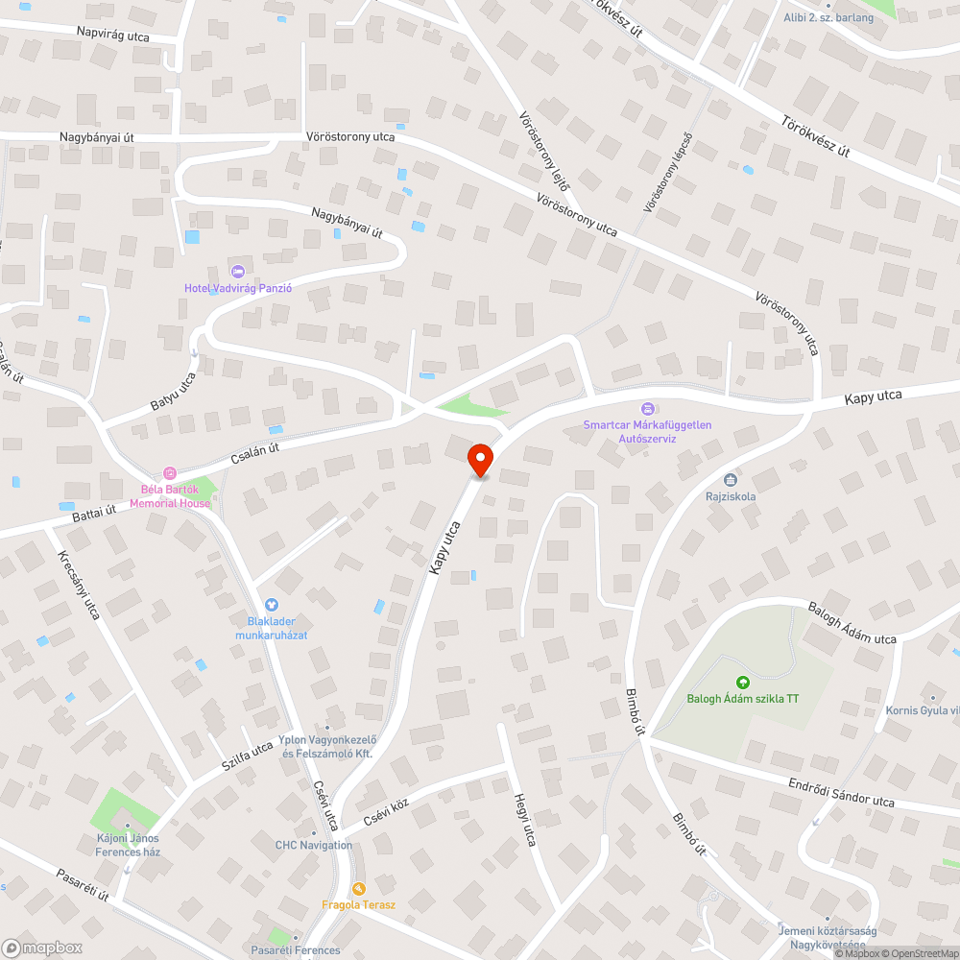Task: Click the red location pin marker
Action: click(480, 460)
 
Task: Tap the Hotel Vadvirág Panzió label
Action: click(238, 288)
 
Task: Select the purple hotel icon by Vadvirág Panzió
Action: click(238, 271)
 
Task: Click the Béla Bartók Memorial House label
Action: click(170, 496)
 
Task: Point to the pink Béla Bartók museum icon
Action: click(170, 472)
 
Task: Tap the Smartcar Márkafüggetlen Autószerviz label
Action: click(647, 431)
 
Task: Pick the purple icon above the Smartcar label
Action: click(647, 409)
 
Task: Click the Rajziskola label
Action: click(731, 496)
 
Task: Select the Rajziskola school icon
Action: click(731, 479)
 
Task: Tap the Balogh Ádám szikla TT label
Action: click(742, 698)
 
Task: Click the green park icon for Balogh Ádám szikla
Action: click(742, 682)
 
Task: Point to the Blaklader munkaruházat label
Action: click(271, 629)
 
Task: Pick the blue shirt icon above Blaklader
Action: click(271, 605)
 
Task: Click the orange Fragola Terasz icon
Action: click(359, 888)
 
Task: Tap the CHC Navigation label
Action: click(314, 845)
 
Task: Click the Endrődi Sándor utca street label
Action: click(841, 793)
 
